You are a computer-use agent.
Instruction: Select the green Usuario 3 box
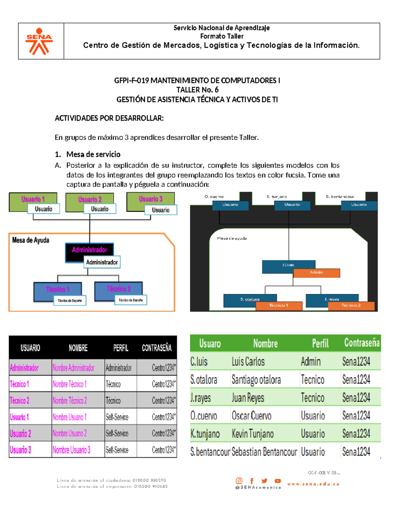(x=150, y=199)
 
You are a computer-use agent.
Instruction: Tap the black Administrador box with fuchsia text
(x=89, y=250)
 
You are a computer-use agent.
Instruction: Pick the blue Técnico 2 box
(x=118, y=289)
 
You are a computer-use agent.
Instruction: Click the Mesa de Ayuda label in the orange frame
(x=31, y=240)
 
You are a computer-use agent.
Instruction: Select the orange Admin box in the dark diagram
(x=316, y=272)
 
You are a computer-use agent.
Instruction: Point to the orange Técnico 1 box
(x=278, y=305)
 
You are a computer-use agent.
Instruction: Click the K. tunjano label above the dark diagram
(x=276, y=196)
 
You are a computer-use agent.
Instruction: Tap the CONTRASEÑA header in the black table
(x=157, y=348)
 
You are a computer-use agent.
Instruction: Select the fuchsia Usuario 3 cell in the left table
(x=20, y=450)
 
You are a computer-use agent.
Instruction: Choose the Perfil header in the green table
(x=320, y=344)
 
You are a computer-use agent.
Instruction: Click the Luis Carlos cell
(x=248, y=362)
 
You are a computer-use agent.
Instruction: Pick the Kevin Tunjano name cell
(x=252, y=434)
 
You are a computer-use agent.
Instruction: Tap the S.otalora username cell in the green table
(x=204, y=380)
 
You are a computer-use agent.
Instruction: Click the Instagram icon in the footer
(x=239, y=481)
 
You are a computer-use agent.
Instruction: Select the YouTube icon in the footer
(x=278, y=481)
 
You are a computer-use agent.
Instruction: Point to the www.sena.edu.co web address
(x=313, y=484)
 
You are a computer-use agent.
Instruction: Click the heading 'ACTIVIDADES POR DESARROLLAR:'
(x=109, y=118)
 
